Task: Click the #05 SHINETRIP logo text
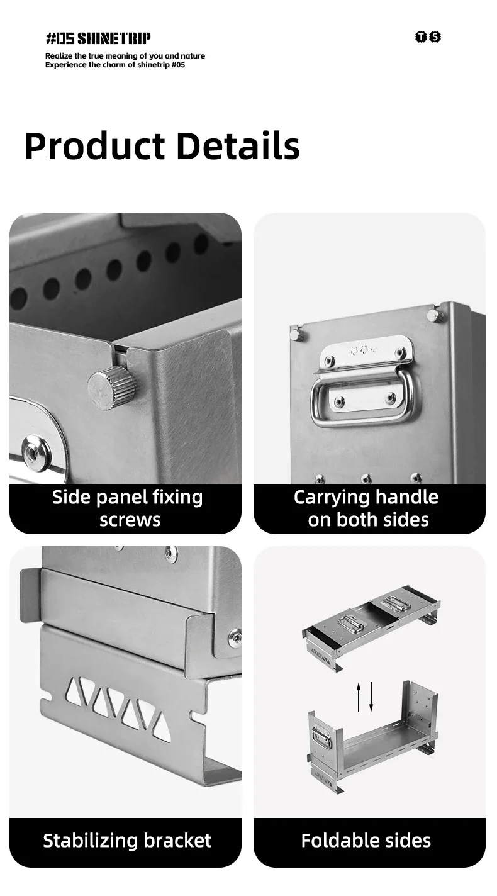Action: tap(98, 38)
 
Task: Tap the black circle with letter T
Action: tap(421, 36)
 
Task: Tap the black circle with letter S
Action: tap(435, 36)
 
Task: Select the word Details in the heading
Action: tap(238, 146)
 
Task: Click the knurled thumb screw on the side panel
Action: tap(112, 388)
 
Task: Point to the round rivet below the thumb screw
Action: tap(36, 453)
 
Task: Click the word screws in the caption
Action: tap(130, 520)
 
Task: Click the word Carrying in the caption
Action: tap(330, 498)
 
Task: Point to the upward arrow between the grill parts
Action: tap(359, 697)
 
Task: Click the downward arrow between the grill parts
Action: tap(371, 697)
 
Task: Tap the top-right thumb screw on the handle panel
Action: tap(434, 315)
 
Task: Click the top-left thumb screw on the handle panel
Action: tap(297, 333)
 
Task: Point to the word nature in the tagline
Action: tap(193, 56)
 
